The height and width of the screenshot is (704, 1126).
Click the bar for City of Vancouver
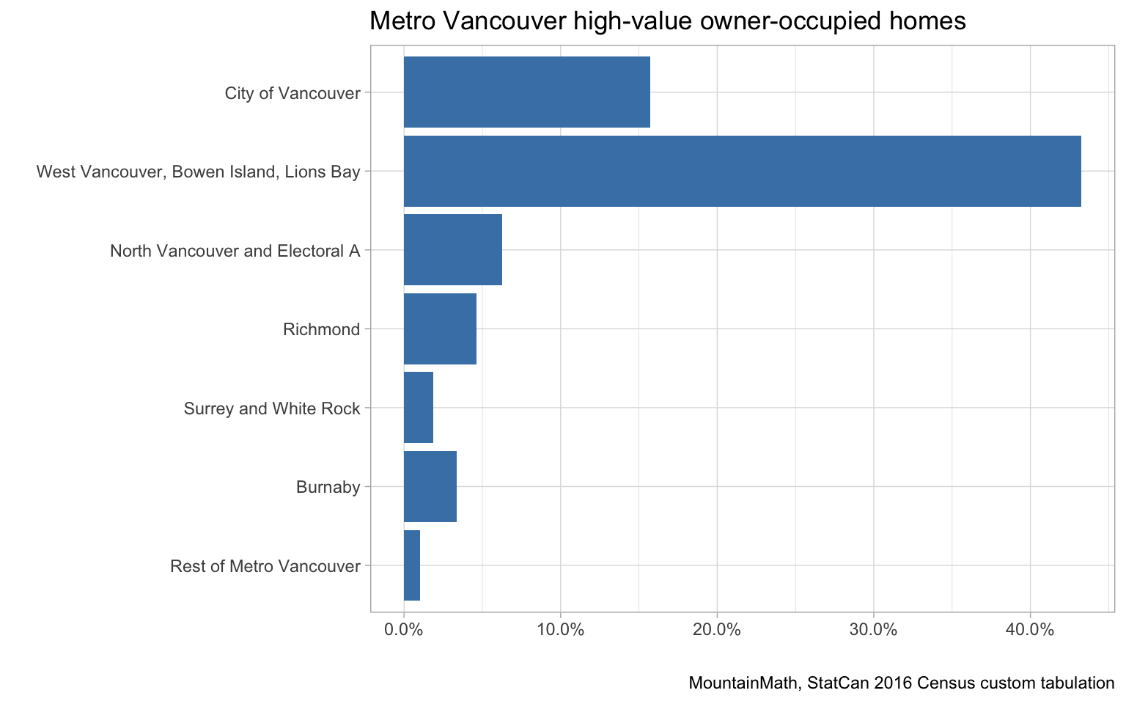click(x=526, y=92)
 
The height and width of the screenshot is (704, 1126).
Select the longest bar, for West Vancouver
click(x=742, y=171)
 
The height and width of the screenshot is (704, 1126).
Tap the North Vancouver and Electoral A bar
click(x=452, y=250)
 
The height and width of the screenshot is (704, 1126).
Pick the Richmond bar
click(x=440, y=329)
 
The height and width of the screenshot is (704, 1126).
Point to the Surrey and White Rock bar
click(x=419, y=408)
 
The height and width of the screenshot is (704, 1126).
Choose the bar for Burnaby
click(x=430, y=486)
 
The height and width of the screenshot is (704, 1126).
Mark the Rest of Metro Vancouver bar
click(x=412, y=565)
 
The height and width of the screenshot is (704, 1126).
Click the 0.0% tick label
click(x=404, y=630)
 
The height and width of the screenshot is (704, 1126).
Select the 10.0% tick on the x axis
click(x=560, y=630)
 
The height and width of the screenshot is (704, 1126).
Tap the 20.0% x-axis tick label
click(x=717, y=630)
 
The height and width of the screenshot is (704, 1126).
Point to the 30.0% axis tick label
click(x=874, y=630)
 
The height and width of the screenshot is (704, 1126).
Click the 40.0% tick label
click(x=1030, y=630)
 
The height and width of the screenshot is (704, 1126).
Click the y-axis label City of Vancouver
click(x=292, y=93)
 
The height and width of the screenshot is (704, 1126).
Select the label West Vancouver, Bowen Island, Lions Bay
click(x=199, y=172)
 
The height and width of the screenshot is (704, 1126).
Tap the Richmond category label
click(x=322, y=329)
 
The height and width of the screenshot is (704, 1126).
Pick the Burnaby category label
click(x=328, y=487)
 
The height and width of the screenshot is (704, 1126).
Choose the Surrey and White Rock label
click(x=272, y=408)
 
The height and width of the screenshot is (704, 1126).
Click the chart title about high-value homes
click(x=667, y=21)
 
